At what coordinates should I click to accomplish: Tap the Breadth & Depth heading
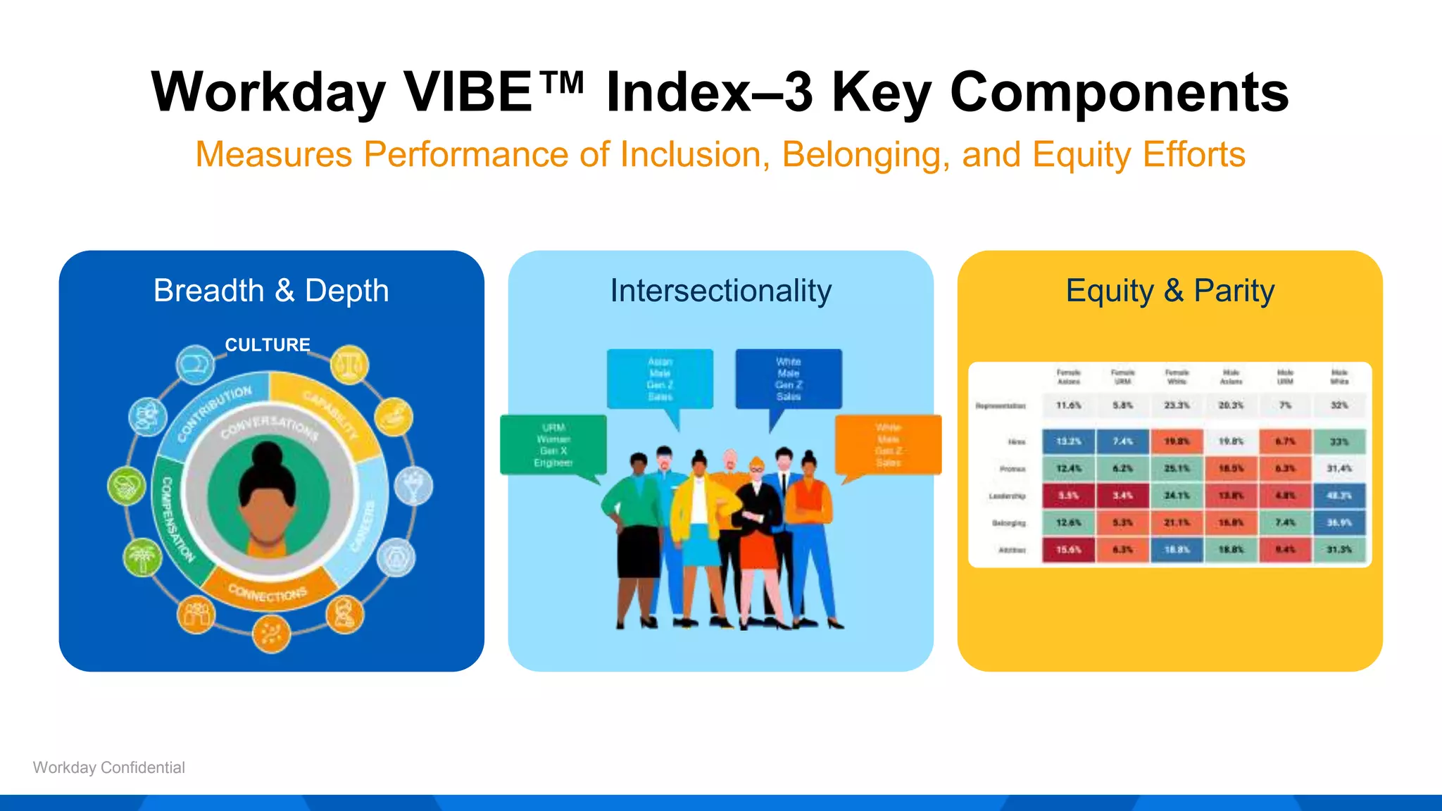click(x=271, y=291)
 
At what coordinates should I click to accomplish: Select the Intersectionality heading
click(x=720, y=291)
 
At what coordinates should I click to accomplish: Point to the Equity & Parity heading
click(x=1170, y=291)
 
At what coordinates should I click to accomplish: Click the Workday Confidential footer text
click(x=109, y=767)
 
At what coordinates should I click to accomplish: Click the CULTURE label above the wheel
click(x=268, y=345)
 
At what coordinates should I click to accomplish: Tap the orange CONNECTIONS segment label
click(x=268, y=593)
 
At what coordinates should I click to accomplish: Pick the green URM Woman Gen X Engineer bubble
click(x=553, y=445)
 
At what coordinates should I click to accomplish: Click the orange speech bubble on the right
click(x=888, y=445)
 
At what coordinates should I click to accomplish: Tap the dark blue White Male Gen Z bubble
click(x=789, y=379)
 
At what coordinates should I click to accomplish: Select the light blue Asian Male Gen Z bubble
click(x=660, y=379)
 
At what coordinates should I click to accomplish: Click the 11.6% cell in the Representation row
click(x=1068, y=405)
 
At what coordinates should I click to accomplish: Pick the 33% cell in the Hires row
click(x=1338, y=441)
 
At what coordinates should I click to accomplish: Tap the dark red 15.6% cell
click(x=1068, y=550)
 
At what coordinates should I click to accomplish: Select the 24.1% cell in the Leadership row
click(x=1177, y=496)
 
